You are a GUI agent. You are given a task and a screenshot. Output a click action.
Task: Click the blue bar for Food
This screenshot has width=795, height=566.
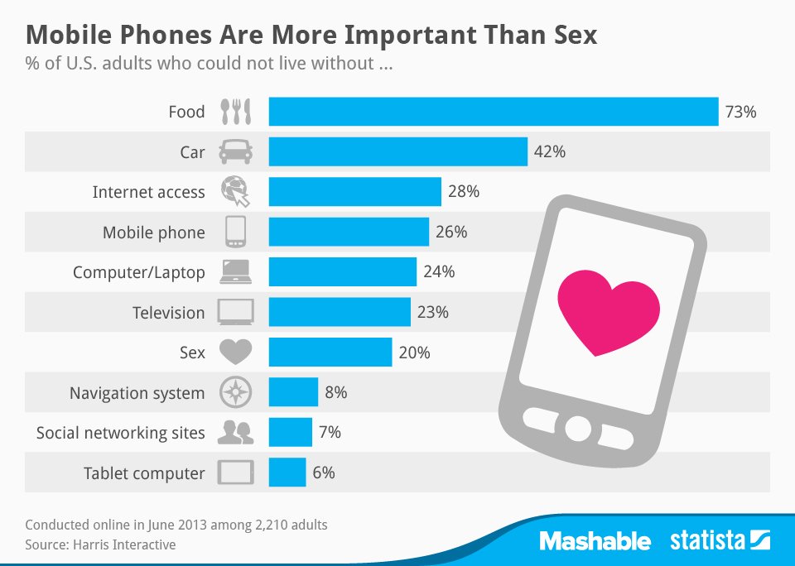pos(493,112)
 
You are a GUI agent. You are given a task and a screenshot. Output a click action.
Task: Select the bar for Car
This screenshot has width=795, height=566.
pos(397,152)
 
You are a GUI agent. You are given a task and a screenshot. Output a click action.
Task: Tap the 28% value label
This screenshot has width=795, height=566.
pos(464,192)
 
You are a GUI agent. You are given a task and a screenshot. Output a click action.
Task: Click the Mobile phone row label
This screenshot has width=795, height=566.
pos(153,233)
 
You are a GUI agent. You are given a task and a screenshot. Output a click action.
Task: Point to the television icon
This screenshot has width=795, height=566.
pos(235,313)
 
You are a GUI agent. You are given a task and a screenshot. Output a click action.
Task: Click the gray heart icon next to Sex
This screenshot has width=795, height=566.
pos(235,353)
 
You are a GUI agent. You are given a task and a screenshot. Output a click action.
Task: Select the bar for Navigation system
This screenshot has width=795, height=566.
pos(293,392)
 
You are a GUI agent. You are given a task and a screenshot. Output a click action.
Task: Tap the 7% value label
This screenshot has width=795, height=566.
pos(329,432)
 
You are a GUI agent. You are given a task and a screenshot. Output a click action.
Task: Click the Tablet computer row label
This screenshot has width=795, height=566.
pos(143,473)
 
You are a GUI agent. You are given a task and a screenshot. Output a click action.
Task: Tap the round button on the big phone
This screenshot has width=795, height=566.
pos(577,429)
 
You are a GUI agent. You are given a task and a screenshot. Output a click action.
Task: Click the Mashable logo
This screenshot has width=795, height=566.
pos(595,542)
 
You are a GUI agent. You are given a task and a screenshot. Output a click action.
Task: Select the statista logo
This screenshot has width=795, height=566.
pos(720,542)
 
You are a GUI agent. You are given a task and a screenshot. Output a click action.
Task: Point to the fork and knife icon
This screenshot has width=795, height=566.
pos(235,112)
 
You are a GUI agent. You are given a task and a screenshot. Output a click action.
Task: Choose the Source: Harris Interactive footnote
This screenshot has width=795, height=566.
pos(100,544)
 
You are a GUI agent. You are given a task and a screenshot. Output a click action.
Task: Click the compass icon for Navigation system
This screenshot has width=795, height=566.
pos(235,392)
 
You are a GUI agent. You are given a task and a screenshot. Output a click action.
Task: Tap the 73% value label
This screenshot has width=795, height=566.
pos(740,112)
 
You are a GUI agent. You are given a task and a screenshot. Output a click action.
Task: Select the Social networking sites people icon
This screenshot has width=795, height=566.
pos(235,432)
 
